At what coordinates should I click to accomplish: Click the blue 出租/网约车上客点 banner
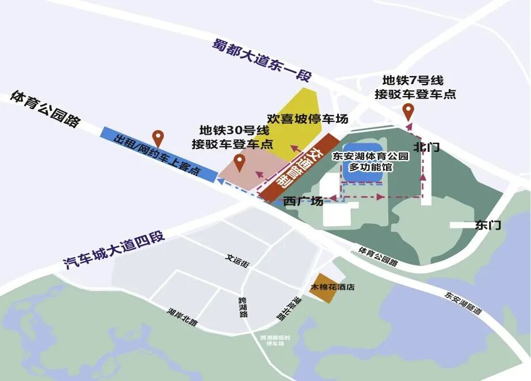[158, 155]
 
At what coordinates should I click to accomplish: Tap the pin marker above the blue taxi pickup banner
[158, 138]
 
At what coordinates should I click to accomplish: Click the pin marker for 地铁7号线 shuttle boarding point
[408, 111]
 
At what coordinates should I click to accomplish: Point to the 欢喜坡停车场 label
[308, 119]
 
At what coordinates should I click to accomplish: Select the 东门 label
[488, 225]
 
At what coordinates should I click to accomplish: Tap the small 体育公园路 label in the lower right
[377, 256]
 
